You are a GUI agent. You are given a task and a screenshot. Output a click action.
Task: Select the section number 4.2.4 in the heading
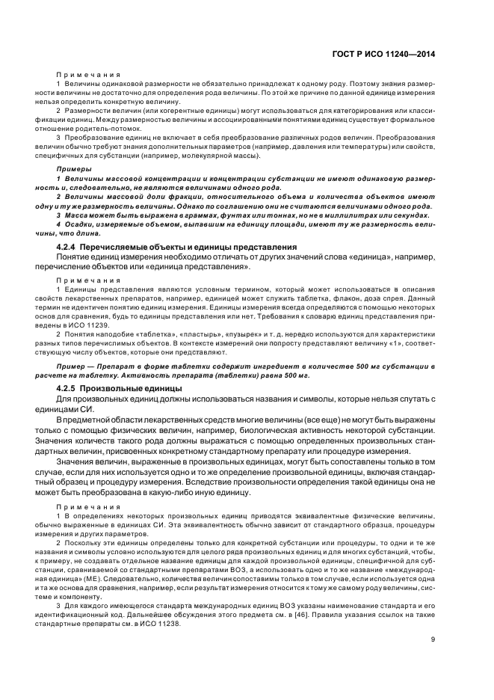[70, 246]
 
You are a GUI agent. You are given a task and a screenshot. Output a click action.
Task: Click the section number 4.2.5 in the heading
[70, 389]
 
